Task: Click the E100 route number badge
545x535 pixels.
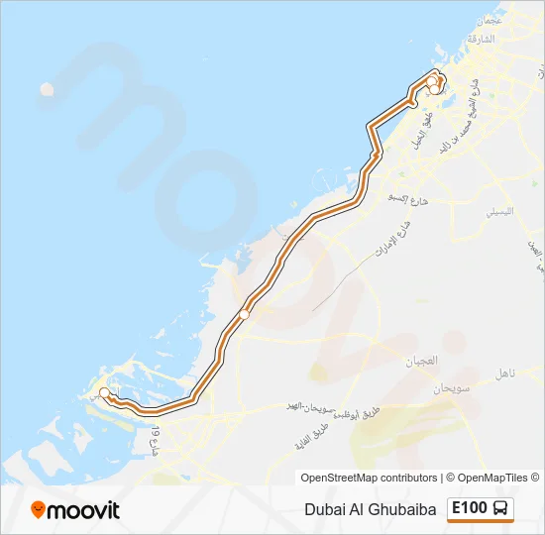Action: (470, 508)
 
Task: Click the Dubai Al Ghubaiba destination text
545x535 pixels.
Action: (371, 509)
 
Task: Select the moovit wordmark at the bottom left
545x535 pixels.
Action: (85, 510)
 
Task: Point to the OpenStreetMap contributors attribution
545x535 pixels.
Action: (369, 478)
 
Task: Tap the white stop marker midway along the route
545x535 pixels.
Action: (244, 314)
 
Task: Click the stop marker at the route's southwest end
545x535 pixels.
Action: (105, 391)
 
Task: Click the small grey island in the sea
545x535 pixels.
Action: (47, 89)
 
